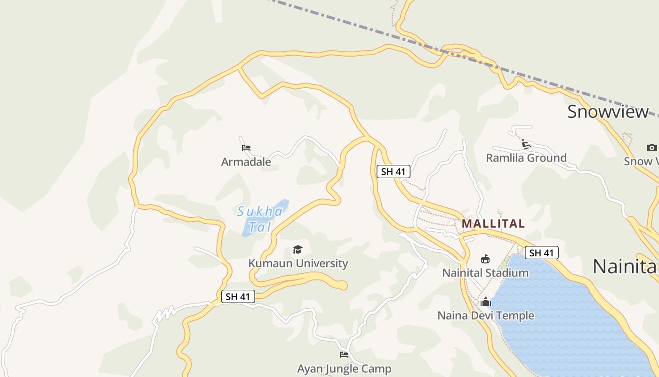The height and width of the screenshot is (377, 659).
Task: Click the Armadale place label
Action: [246, 162]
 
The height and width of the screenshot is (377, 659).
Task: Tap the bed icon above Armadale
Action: [246, 148]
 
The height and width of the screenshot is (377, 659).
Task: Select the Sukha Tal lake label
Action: [260, 219]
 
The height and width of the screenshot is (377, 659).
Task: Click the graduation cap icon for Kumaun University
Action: [297, 249]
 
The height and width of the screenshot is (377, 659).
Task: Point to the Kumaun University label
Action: [298, 263]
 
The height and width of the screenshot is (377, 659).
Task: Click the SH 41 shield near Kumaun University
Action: [238, 296]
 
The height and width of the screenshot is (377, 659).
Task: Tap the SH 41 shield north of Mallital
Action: [394, 172]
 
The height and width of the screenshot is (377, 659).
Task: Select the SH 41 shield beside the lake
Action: [541, 253]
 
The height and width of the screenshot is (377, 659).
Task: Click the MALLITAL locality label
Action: [493, 223]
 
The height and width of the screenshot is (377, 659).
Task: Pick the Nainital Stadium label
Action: [485, 272]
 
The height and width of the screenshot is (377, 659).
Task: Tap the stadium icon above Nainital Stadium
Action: [485, 259]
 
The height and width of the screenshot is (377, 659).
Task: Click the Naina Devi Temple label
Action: [486, 315]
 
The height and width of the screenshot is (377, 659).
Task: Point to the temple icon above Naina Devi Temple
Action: [486, 302]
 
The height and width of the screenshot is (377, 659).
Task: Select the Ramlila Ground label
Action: [526, 157]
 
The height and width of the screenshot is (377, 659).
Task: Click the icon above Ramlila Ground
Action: [526, 144]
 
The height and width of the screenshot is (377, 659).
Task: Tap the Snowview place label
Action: [608, 112]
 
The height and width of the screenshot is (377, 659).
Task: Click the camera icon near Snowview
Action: [651, 148]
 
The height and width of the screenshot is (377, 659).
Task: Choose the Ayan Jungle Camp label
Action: [344, 369]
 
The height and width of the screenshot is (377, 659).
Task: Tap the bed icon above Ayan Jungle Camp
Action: [344, 355]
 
